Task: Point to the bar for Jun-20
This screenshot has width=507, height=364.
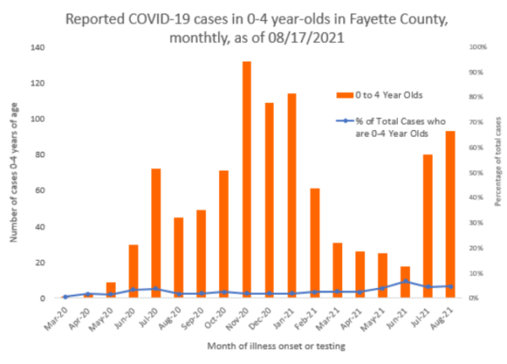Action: pos(134,271)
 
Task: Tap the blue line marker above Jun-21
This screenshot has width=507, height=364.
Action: pos(406,281)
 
